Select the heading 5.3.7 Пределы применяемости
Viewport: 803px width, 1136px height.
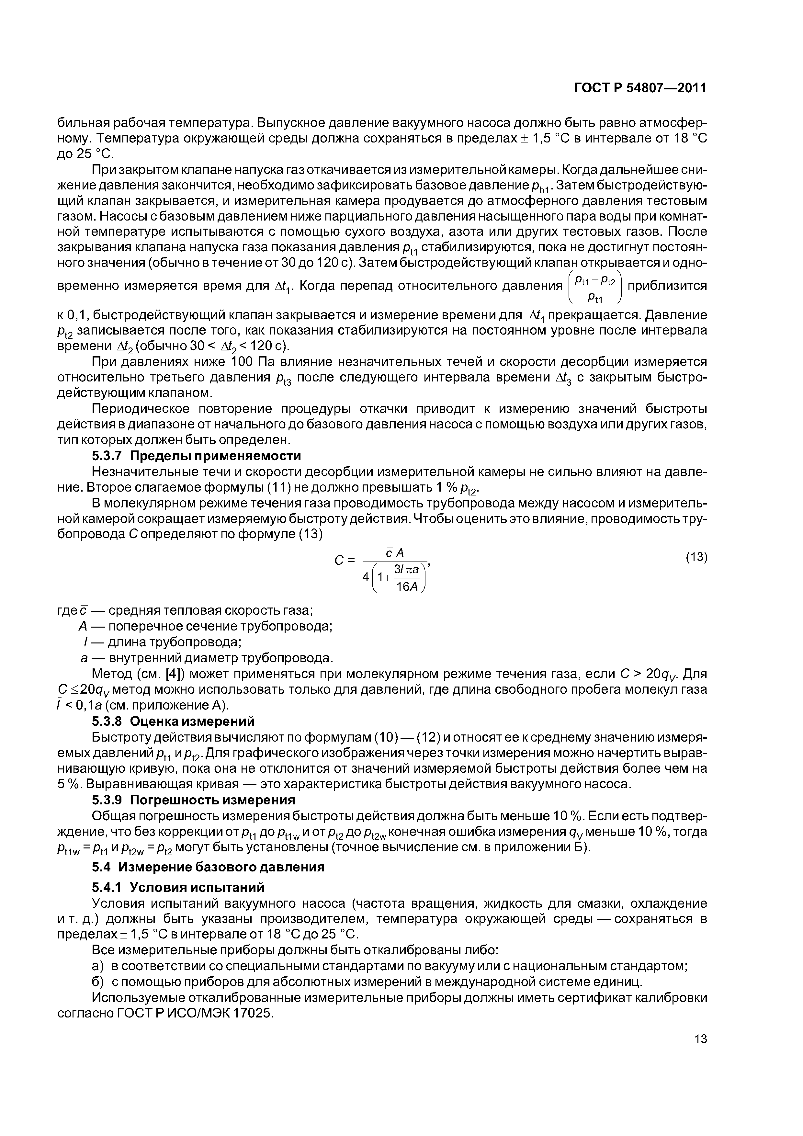click(197, 455)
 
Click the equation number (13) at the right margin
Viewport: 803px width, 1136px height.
click(696, 558)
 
